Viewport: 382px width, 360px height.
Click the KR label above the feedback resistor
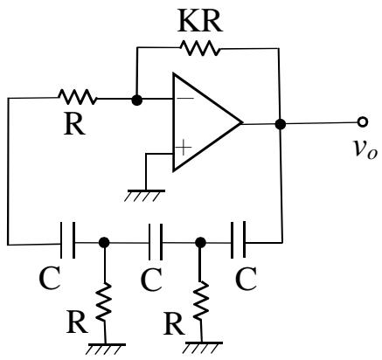[x=200, y=22]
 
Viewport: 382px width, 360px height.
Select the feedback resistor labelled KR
[x=200, y=48]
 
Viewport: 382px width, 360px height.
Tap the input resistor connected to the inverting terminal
[x=78, y=97]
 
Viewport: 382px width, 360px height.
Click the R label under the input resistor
[x=74, y=125]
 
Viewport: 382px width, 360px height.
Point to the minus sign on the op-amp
[x=185, y=99]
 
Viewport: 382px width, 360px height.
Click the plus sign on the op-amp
[x=183, y=148]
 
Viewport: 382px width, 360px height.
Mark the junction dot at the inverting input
[x=136, y=100]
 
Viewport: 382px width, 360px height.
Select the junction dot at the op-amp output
[x=281, y=124]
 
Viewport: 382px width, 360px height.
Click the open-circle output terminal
[x=363, y=122]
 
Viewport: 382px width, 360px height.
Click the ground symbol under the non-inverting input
[x=145, y=195]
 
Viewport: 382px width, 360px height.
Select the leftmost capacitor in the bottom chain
[x=67, y=240]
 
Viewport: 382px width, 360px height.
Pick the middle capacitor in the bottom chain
[x=156, y=242]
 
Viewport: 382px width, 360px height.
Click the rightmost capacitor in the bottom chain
[x=239, y=239]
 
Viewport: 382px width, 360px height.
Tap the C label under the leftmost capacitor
[x=50, y=278]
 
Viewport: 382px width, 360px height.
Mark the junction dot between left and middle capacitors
[x=104, y=242]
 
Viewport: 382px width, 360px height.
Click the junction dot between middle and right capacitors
[x=200, y=242]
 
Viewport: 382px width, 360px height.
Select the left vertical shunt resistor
[x=104, y=302]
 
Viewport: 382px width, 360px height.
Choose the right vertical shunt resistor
[x=201, y=301]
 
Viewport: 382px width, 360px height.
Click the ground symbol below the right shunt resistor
[x=204, y=348]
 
